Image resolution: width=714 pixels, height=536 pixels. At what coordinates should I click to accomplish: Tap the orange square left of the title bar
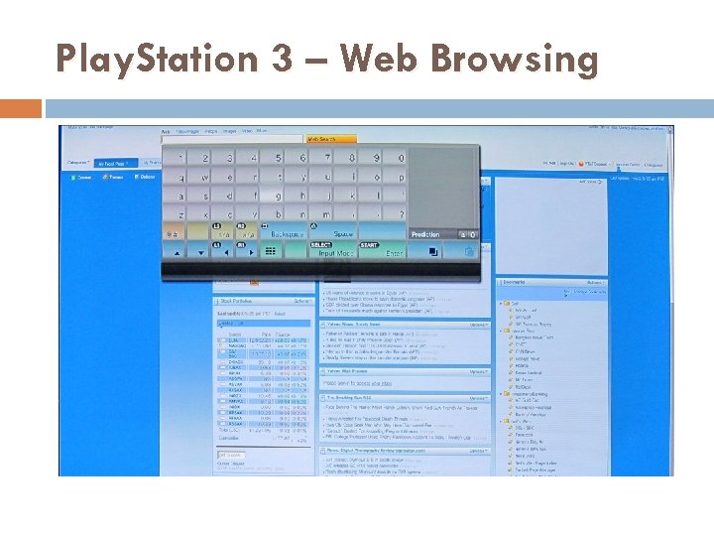[x=21, y=107]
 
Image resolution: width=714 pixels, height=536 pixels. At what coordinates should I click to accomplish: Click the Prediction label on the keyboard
[x=424, y=234]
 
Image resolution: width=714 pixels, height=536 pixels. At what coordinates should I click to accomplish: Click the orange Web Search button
[x=327, y=140]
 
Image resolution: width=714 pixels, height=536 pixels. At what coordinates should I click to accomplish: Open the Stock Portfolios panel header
[x=238, y=301]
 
